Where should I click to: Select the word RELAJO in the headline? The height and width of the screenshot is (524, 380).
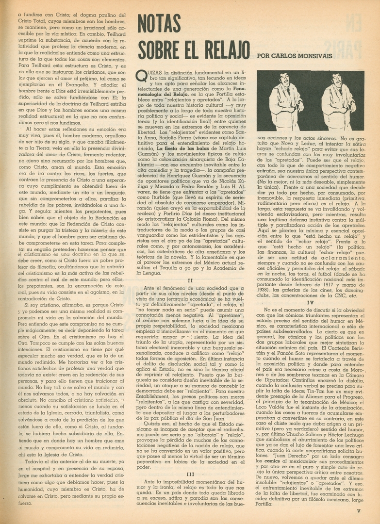pos(221,49)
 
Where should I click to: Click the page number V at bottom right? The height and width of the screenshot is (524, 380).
pos(358,509)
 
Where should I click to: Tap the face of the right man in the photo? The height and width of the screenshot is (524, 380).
pos(336,80)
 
